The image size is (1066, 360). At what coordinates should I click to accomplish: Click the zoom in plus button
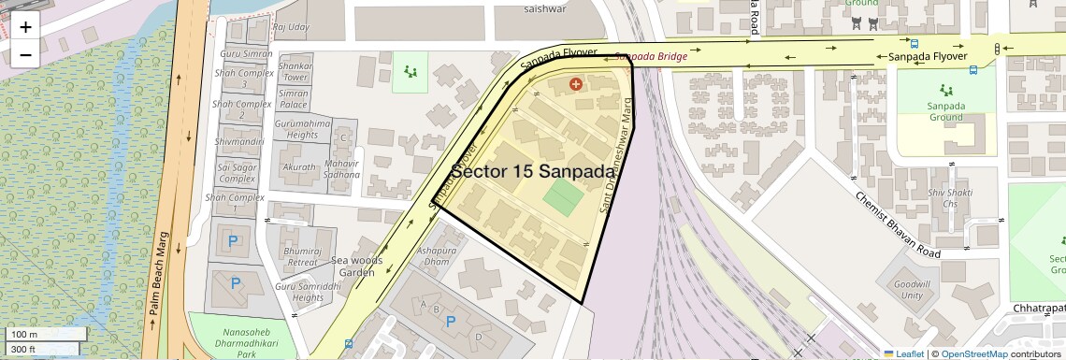(25, 26)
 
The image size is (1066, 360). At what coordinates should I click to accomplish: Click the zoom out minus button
(25, 54)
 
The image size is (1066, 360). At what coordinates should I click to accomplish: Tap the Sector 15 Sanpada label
(534, 171)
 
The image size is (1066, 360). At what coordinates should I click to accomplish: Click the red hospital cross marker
(576, 84)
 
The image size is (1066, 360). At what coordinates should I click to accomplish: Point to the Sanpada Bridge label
(650, 57)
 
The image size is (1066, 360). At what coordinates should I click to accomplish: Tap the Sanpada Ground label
(945, 111)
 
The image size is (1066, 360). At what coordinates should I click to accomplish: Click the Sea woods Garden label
(343, 266)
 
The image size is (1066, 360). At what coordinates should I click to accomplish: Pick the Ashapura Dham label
(436, 256)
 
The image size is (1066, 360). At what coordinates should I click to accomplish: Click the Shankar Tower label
(295, 71)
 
